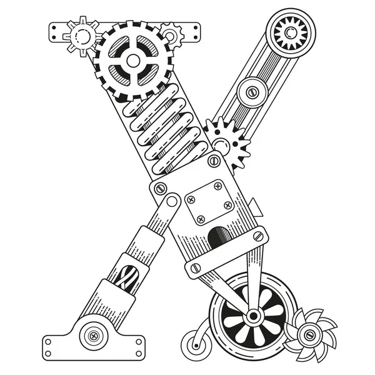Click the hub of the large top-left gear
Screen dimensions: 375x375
pyautogui.click(x=133, y=61)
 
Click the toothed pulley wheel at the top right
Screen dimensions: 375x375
pyautogui.click(x=289, y=32)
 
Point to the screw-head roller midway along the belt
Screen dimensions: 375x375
pyautogui.click(x=252, y=91)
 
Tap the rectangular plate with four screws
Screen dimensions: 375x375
pyautogui.click(x=209, y=202)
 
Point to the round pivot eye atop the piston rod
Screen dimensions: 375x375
pyautogui.click(x=169, y=202)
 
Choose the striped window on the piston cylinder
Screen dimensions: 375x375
pyautogui.click(x=125, y=274)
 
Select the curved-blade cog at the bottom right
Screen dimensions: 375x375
pyautogui.click(x=308, y=335)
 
